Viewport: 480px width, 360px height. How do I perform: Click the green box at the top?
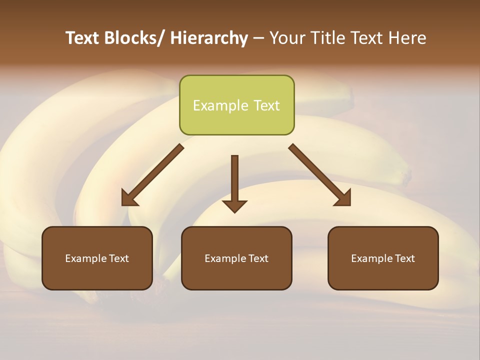click(236, 105)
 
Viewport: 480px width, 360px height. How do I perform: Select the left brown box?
click(97, 258)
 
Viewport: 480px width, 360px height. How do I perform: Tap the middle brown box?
click(236, 258)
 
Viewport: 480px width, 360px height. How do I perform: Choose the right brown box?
click(383, 258)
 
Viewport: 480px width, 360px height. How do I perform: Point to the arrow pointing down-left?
click(152, 175)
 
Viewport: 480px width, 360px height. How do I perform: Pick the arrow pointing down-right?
click(320, 175)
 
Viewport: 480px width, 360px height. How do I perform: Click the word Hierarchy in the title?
click(209, 38)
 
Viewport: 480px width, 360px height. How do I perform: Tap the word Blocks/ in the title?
click(135, 38)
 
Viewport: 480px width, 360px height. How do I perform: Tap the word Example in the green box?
click(220, 105)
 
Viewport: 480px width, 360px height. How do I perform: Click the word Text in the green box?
click(266, 105)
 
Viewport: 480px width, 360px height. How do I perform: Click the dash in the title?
click(258, 38)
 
